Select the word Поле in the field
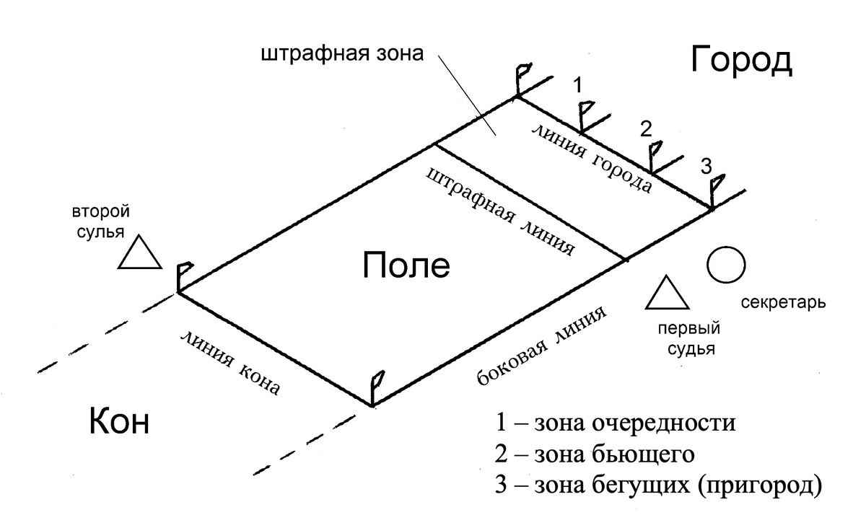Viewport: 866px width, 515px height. coord(406,266)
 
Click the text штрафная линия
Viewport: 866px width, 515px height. coord(500,212)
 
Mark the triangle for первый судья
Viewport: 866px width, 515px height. coord(665,294)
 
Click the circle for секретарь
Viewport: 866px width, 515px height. coord(725,265)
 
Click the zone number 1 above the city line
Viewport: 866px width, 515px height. coord(577,86)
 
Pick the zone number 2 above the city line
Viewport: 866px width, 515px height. coord(646,129)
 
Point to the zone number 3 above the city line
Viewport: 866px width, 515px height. coord(707,167)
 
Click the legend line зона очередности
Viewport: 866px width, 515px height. coord(616,423)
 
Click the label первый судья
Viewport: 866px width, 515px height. coord(690,340)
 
